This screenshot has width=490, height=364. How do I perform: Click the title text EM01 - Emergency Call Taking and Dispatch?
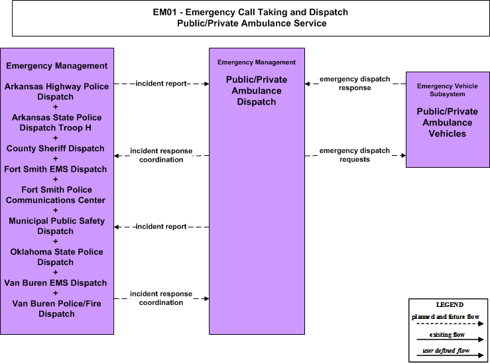[x=251, y=12]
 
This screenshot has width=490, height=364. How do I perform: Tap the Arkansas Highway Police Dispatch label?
[x=56, y=91]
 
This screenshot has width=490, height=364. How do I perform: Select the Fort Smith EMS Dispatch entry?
[x=56, y=169]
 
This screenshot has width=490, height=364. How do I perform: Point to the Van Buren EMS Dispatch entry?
[x=56, y=282]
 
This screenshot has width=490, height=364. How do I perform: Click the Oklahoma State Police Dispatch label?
[x=56, y=257]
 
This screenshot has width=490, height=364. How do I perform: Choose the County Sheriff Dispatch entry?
[x=56, y=149]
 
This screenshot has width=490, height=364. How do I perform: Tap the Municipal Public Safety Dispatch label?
[x=56, y=226]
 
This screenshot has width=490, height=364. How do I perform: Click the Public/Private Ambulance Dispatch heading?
[x=257, y=91]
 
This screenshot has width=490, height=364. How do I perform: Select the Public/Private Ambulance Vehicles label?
[x=447, y=123]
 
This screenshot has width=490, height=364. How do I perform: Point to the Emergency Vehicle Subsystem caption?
[x=447, y=90]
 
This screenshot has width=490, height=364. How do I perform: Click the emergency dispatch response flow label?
[x=355, y=84]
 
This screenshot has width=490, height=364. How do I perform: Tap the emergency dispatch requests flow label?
[x=355, y=155]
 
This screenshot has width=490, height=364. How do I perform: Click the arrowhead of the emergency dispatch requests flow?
[x=404, y=155]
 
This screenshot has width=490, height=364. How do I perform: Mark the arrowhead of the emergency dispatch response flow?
[x=307, y=84]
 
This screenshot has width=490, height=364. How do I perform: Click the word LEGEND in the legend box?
[x=450, y=304]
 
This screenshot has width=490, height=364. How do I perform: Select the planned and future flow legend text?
[x=446, y=317]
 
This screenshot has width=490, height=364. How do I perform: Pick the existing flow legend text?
[x=447, y=335]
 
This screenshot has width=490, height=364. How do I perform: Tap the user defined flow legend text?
[x=446, y=351]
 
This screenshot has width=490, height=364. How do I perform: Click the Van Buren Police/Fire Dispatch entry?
[x=56, y=309]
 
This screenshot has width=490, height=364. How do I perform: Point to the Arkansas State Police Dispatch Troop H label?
[x=56, y=123]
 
